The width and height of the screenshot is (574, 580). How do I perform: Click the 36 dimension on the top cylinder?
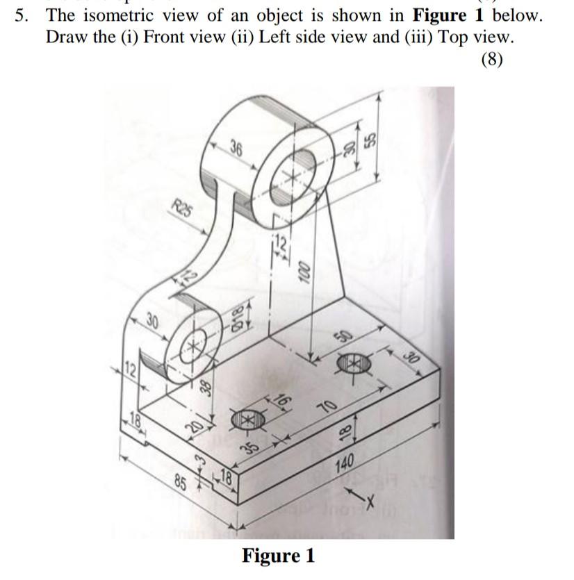click(x=237, y=148)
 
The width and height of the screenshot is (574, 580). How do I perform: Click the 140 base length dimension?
click(x=345, y=461)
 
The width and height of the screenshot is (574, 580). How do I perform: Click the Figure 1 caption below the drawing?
click(x=278, y=556)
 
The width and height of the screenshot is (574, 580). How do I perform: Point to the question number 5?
click(x=20, y=15)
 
